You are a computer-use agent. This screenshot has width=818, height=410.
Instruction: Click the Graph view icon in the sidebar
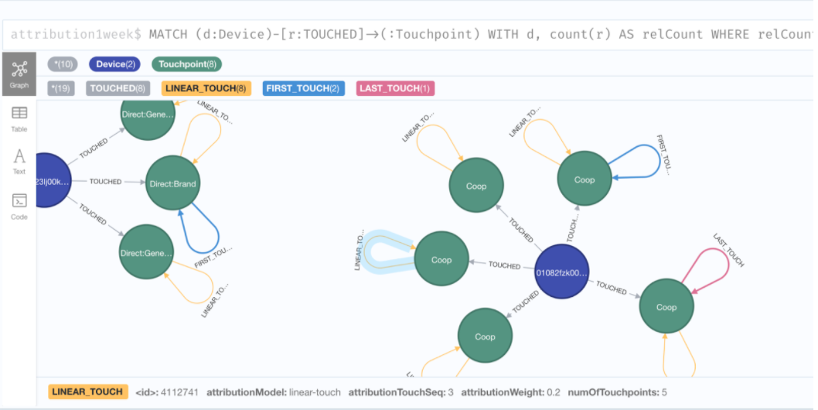tap(19, 73)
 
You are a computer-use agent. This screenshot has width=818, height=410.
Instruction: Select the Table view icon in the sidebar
tap(19, 118)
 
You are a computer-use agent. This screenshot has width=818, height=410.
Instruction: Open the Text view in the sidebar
tap(19, 161)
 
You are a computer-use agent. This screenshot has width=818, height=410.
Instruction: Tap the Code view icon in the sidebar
tap(19, 206)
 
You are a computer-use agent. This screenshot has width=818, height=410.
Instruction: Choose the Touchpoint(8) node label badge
tap(187, 65)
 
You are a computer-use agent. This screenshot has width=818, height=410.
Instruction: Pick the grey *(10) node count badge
tap(63, 65)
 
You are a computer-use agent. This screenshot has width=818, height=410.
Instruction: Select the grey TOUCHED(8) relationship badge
tap(118, 88)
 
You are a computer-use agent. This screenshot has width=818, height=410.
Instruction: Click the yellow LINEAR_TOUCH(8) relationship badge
tap(206, 88)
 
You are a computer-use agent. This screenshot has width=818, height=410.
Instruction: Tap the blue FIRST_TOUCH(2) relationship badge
tap(302, 88)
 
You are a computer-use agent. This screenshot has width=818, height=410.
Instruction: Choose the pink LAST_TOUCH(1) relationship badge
tap(395, 88)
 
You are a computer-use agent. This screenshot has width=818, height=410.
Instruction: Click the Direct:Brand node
tap(172, 183)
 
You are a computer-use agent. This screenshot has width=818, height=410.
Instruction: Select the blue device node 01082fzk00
tap(562, 272)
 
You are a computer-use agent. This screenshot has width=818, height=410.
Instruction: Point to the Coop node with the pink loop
tap(666, 307)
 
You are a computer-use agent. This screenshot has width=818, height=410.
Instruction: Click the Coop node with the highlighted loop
tap(441, 260)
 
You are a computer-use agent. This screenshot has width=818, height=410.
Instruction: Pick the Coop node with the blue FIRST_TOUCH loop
tap(585, 179)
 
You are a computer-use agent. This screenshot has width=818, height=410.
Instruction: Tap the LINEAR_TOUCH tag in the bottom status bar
tap(87, 392)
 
